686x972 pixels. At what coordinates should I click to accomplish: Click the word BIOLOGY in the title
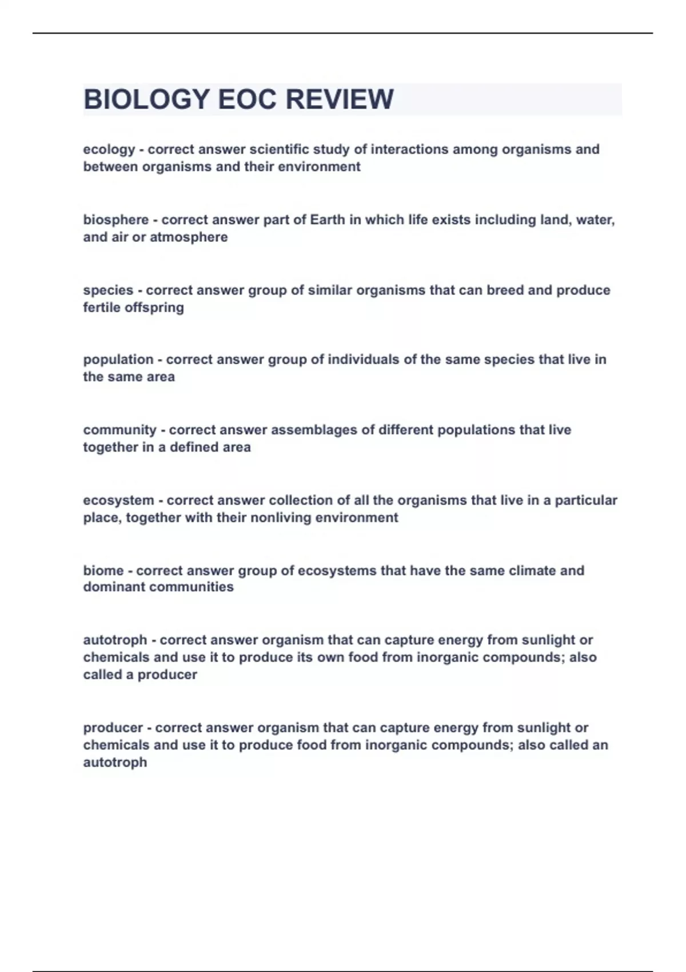click(x=146, y=99)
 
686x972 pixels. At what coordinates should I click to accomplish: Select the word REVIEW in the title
click(x=340, y=99)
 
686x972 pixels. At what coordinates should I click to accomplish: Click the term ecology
click(x=109, y=150)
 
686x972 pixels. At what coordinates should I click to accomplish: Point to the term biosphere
click(x=115, y=220)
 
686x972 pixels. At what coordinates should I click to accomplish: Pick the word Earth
click(x=328, y=220)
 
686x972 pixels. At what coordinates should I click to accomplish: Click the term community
click(x=119, y=430)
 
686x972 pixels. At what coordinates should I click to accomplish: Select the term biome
click(x=103, y=571)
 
